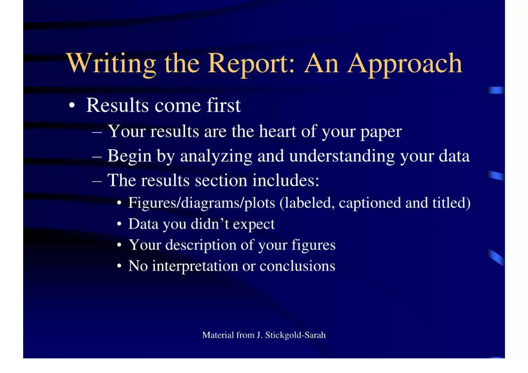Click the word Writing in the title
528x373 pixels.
point(111,64)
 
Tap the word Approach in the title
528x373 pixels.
point(405,64)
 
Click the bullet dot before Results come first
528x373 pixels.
point(72,105)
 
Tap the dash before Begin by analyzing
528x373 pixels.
point(97,156)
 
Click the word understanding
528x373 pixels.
point(342,156)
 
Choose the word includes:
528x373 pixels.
point(286,180)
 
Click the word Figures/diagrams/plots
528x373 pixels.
point(202,203)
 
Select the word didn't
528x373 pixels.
point(210,224)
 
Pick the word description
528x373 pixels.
point(201,245)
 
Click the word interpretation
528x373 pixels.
point(195,266)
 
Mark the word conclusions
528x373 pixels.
point(297,266)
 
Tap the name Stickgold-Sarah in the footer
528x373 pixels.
point(295,335)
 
